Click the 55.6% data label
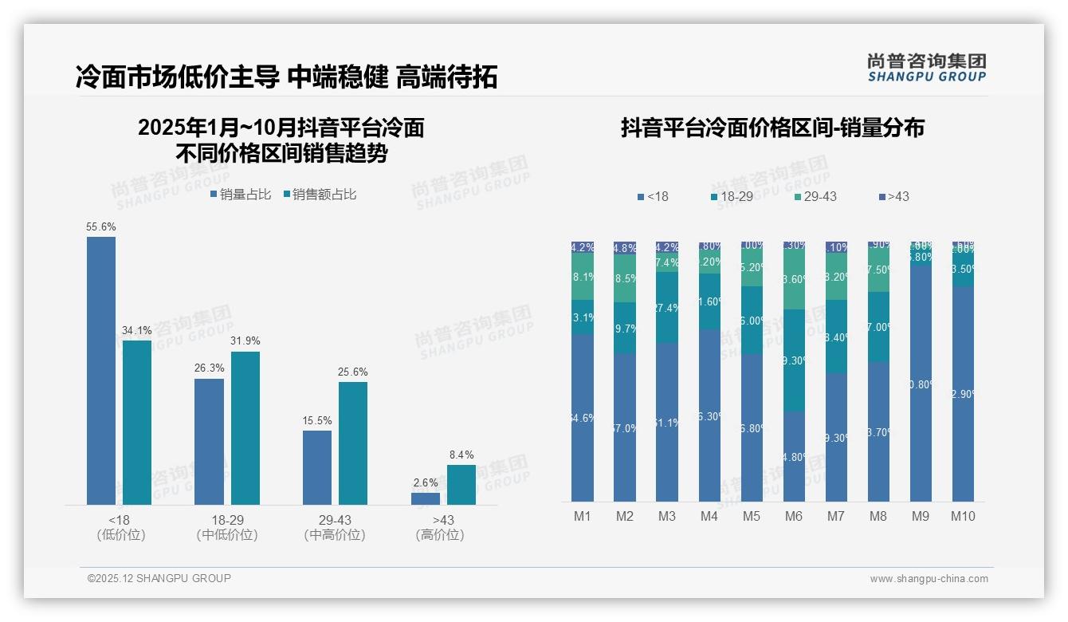coord(101,227)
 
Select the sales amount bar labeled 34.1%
coord(136,423)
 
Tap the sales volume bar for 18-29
coord(209,441)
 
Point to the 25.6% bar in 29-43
coord(353,443)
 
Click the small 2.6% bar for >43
coord(426,498)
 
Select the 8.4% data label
coord(461,455)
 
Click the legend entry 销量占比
coord(241,195)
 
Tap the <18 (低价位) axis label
coord(121,528)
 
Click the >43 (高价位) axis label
coord(440,528)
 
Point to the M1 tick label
coord(583,517)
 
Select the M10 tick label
coord(963,517)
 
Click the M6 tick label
coord(794,517)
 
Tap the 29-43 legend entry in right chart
coord(815,196)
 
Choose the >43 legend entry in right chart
coord(893,196)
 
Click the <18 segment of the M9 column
coord(921,383)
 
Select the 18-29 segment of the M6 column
coord(794,360)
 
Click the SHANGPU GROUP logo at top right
coord(926,68)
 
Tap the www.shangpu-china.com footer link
coord(929,579)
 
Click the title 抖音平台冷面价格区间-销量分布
coord(772,128)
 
